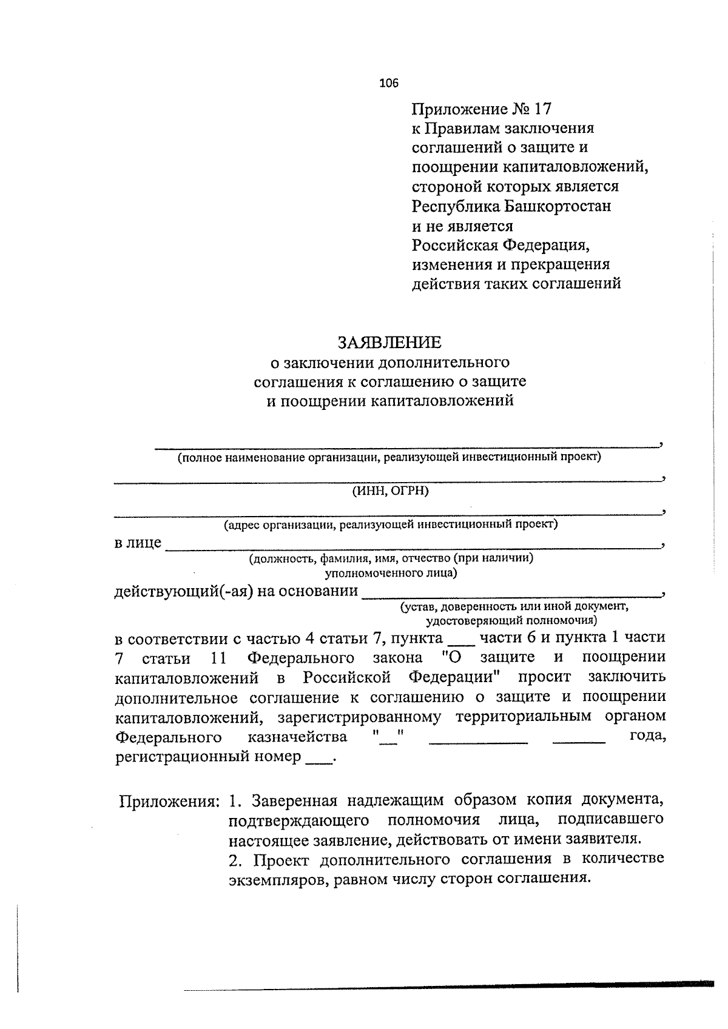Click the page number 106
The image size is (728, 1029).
coord(389,84)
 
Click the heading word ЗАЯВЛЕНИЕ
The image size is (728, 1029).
coord(389,343)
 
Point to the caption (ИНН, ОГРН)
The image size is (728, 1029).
coord(390,491)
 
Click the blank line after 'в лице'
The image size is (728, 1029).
coord(413,545)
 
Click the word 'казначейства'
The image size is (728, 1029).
coord(298,737)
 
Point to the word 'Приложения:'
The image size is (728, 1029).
coord(169,802)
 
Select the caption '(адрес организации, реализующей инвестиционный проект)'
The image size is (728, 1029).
coord(390,524)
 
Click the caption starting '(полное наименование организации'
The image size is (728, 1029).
coord(388,457)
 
